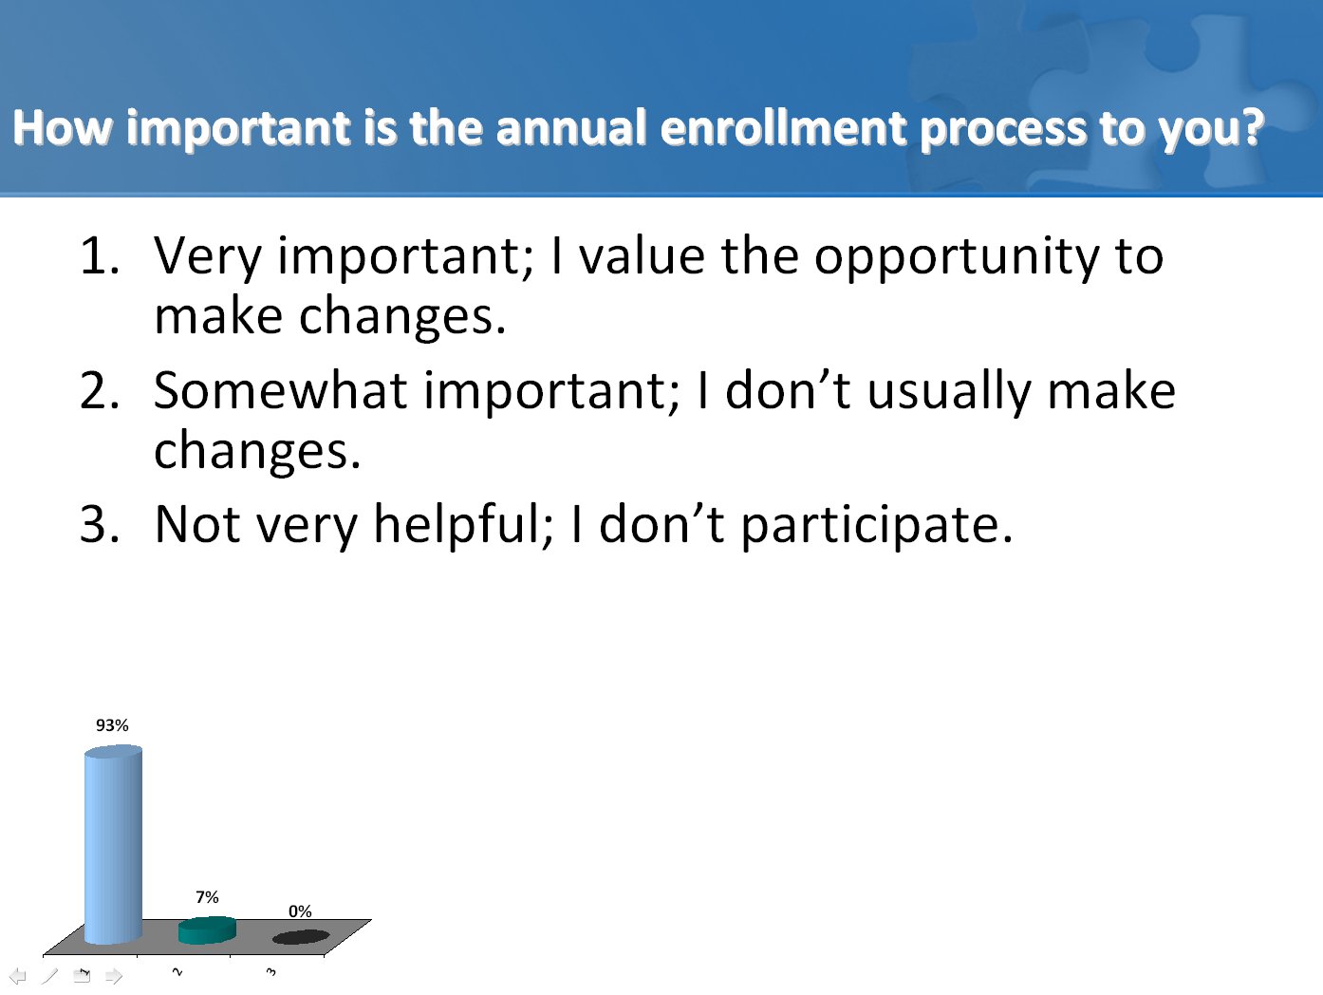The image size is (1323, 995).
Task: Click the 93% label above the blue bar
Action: pos(112,725)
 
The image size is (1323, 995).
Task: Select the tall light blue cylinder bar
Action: pos(113,844)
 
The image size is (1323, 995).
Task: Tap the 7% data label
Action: pos(207,897)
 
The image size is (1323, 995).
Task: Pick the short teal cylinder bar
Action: pos(207,929)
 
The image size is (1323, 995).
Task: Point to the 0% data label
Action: pos(300,911)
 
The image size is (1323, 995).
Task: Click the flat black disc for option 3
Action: pos(301,937)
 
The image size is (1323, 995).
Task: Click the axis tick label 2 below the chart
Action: pos(177,971)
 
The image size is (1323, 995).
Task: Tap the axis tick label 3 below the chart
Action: pos(271,971)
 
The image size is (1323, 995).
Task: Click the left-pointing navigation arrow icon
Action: pos(18,975)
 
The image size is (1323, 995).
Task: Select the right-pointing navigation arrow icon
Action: pos(113,975)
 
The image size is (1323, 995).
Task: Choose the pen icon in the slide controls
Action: pos(49,975)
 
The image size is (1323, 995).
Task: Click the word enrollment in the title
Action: pos(784,128)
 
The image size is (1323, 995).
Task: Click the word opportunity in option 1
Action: pos(957,257)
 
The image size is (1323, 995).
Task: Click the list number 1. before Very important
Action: pos(100,256)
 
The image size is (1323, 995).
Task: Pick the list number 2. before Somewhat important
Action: pos(100,391)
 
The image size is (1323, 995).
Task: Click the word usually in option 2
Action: pos(949,393)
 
